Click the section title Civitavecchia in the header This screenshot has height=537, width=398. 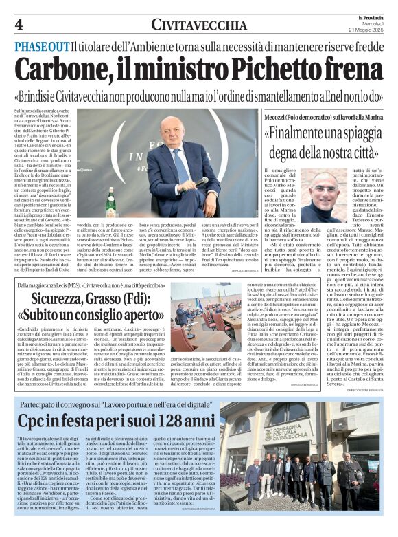point(198,25)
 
